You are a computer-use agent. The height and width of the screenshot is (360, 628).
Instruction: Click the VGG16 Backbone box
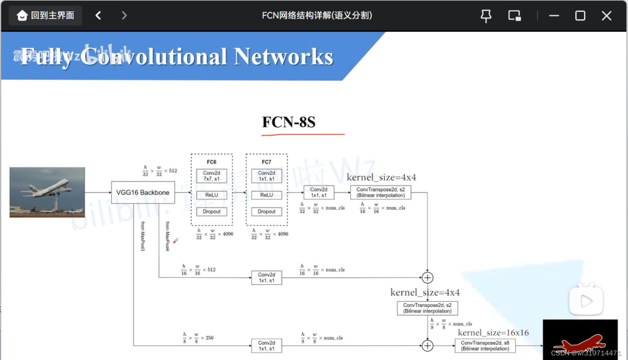(x=143, y=193)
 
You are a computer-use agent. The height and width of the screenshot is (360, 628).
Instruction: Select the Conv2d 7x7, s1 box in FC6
(x=211, y=176)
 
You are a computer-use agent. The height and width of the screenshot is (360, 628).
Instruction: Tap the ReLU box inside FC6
(x=211, y=195)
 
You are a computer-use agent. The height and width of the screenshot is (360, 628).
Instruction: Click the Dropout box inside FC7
(x=266, y=212)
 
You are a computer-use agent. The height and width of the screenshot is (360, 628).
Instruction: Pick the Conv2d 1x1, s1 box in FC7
(x=266, y=176)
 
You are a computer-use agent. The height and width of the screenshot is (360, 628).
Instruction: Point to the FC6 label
(x=211, y=162)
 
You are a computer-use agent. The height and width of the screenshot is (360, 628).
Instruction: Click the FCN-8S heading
(x=289, y=122)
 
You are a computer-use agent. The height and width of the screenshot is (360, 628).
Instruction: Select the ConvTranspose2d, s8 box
(x=485, y=346)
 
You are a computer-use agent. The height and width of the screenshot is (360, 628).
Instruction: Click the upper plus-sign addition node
(x=427, y=277)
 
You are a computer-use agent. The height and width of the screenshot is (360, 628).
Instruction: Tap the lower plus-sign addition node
(x=427, y=345)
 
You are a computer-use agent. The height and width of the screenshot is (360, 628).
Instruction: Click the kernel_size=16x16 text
(x=493, y=333)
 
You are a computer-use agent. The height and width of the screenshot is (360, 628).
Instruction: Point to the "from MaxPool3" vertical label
(x=143, y=236)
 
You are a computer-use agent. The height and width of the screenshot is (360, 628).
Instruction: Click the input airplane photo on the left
(x=47, y=192)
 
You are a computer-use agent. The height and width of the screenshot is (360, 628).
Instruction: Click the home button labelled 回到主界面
(x=45, y=16)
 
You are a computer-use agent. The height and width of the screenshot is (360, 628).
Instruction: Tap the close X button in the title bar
(x=606, y=16)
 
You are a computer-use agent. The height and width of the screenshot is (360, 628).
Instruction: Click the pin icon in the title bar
(x=486, y=16)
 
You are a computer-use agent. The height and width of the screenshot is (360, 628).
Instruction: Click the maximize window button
(x=580, y=16)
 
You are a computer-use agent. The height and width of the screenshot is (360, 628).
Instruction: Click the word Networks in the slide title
(x=283, y=57)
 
